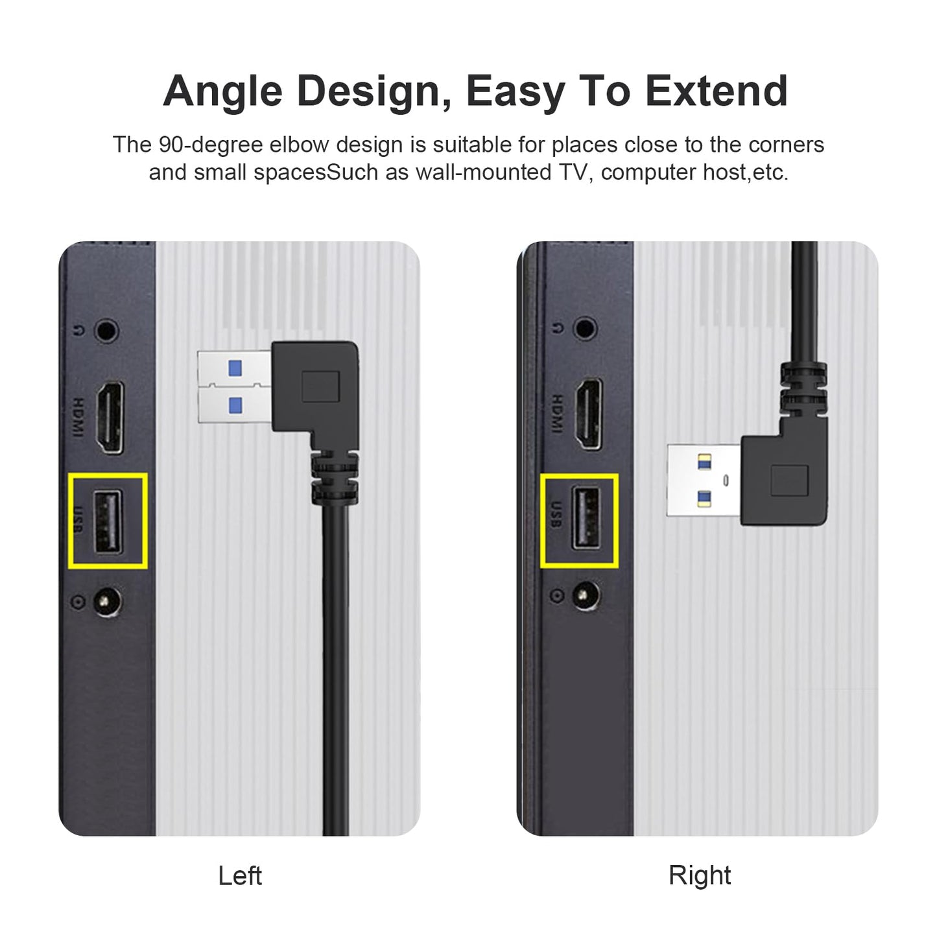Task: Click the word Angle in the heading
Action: (x=223, y=91)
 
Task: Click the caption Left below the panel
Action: (x=240, y=875)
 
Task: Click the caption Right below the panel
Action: (x=699, y=875)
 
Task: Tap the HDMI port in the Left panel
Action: (x=110, y=417)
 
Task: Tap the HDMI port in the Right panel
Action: (x=587, y=414)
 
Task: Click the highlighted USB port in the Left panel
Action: (x=108, y=523)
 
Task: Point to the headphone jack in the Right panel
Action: (x=586, y=329)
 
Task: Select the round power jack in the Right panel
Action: (x=586, y=595)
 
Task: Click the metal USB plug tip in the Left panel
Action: (x=233, y=387)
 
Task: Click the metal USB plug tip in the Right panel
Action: (x=703, y=480)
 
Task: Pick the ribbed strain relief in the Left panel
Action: (x=335, y=480)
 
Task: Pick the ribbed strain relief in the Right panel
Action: (x=803, y=388)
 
